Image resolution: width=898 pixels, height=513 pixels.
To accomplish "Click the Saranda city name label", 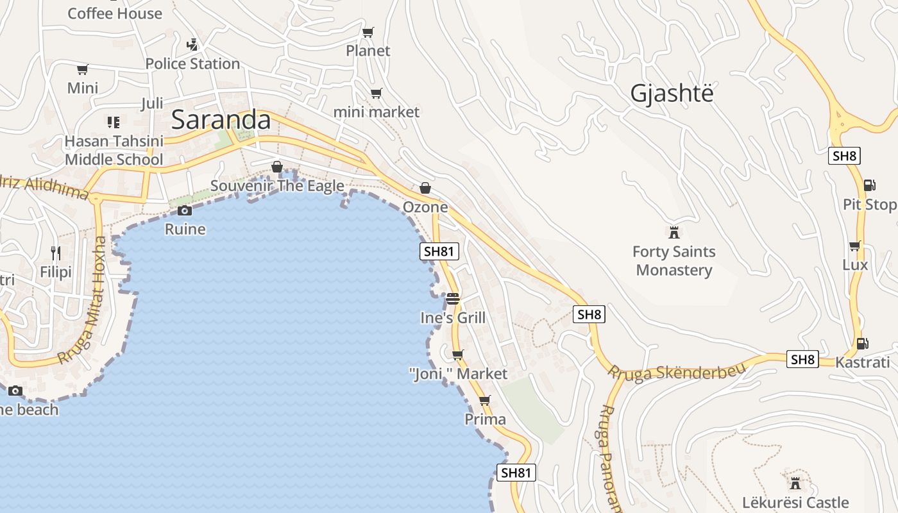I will pos(221,120).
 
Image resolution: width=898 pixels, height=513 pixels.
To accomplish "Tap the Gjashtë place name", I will pos(672,94).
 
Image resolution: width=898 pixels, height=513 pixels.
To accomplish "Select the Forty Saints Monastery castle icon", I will pos(673,232).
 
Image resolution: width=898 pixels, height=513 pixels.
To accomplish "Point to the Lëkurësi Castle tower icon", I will pos(795,483).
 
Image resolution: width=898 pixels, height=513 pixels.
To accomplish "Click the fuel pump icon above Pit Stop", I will pos(869,185).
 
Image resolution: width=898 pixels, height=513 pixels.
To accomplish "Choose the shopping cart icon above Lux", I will pos(854,246).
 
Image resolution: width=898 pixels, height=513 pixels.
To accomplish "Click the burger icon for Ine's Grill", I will pos(453,299).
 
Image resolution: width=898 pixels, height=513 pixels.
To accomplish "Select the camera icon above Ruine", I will pos(185,210).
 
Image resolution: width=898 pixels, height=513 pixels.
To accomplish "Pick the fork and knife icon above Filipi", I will pos(56,253).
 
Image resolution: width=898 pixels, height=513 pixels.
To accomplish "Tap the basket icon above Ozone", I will pos(425,188).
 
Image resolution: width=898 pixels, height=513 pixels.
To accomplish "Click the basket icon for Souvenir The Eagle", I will pos(277,167).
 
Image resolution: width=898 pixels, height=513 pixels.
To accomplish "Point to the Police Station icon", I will pos(192,45).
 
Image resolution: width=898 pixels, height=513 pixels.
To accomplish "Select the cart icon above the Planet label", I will pos(368,32).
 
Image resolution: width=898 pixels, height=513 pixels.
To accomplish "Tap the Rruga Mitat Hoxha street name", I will pos(81,301).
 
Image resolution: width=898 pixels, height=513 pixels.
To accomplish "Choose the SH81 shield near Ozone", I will pos(439,251).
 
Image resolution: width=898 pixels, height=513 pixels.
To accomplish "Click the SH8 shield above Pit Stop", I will pos(844,156).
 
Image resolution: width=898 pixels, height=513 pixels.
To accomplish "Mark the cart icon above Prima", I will pos(484,401).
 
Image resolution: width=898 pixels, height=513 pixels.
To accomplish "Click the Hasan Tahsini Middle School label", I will pos(114,150).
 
